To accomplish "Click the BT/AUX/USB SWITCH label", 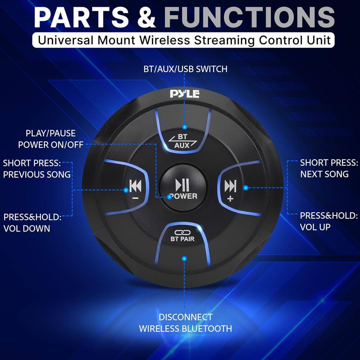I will pos(185,69).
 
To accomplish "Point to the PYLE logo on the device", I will pos(185,94).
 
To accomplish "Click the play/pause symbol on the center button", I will pos(182,185).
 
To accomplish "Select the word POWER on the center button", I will pos(183,196).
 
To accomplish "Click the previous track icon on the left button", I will pos(135,186).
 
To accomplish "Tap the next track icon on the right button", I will pos(230,186).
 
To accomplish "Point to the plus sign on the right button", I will pos(230,199).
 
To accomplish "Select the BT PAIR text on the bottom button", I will pos(183,238).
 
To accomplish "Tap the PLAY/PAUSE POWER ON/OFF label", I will pos(50,139).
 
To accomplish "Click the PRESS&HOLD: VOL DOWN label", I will pos(32,222).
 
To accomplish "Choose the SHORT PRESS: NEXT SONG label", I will pos(329,168).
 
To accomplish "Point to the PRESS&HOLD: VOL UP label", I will pos(329,221).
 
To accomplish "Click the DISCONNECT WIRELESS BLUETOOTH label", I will pos(185,323).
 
